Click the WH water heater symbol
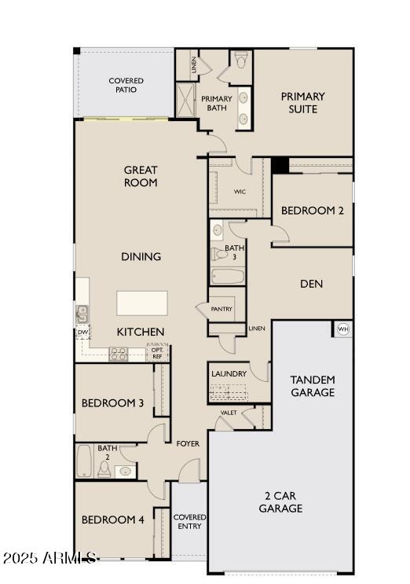pyautogui.click(x=342, y=329)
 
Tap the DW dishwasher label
pyautogui.click(x=82, y=332)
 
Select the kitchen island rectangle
pyautogui.click(x=142, y=303)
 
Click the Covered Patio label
pyautogui.click(x=126, y=85)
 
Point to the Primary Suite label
pyautogui.click(x=303, y=102)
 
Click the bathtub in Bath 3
pyautogui.click(x=228, y=277)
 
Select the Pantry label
pyautogui.click(x=221, y=310)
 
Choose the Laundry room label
pyautogui.click(x=229, y=374)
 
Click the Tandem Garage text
pyautogui.click(x=313, y=386)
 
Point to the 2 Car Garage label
pyautogui.click(x=281, y=502)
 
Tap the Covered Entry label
pyautogui.click(x=189, y=522)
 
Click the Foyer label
pyautogui.click(x=188, y=444)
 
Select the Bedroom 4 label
pyautogui.click(x=112, y=520)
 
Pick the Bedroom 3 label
pyautogui.click(x=112, y=403)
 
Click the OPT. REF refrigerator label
pyautogui.click(x=156, y=354)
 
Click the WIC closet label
pyautogui.click(x=240, y=191)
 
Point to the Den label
pyautogui.click(x=312, y=284)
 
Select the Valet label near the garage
pyautogui.click(x=229, y=413)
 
